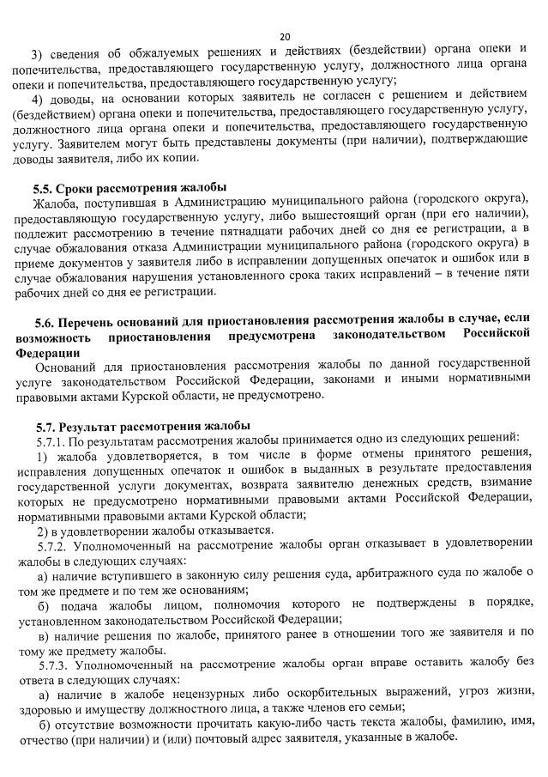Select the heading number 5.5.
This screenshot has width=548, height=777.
click(44, 188)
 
